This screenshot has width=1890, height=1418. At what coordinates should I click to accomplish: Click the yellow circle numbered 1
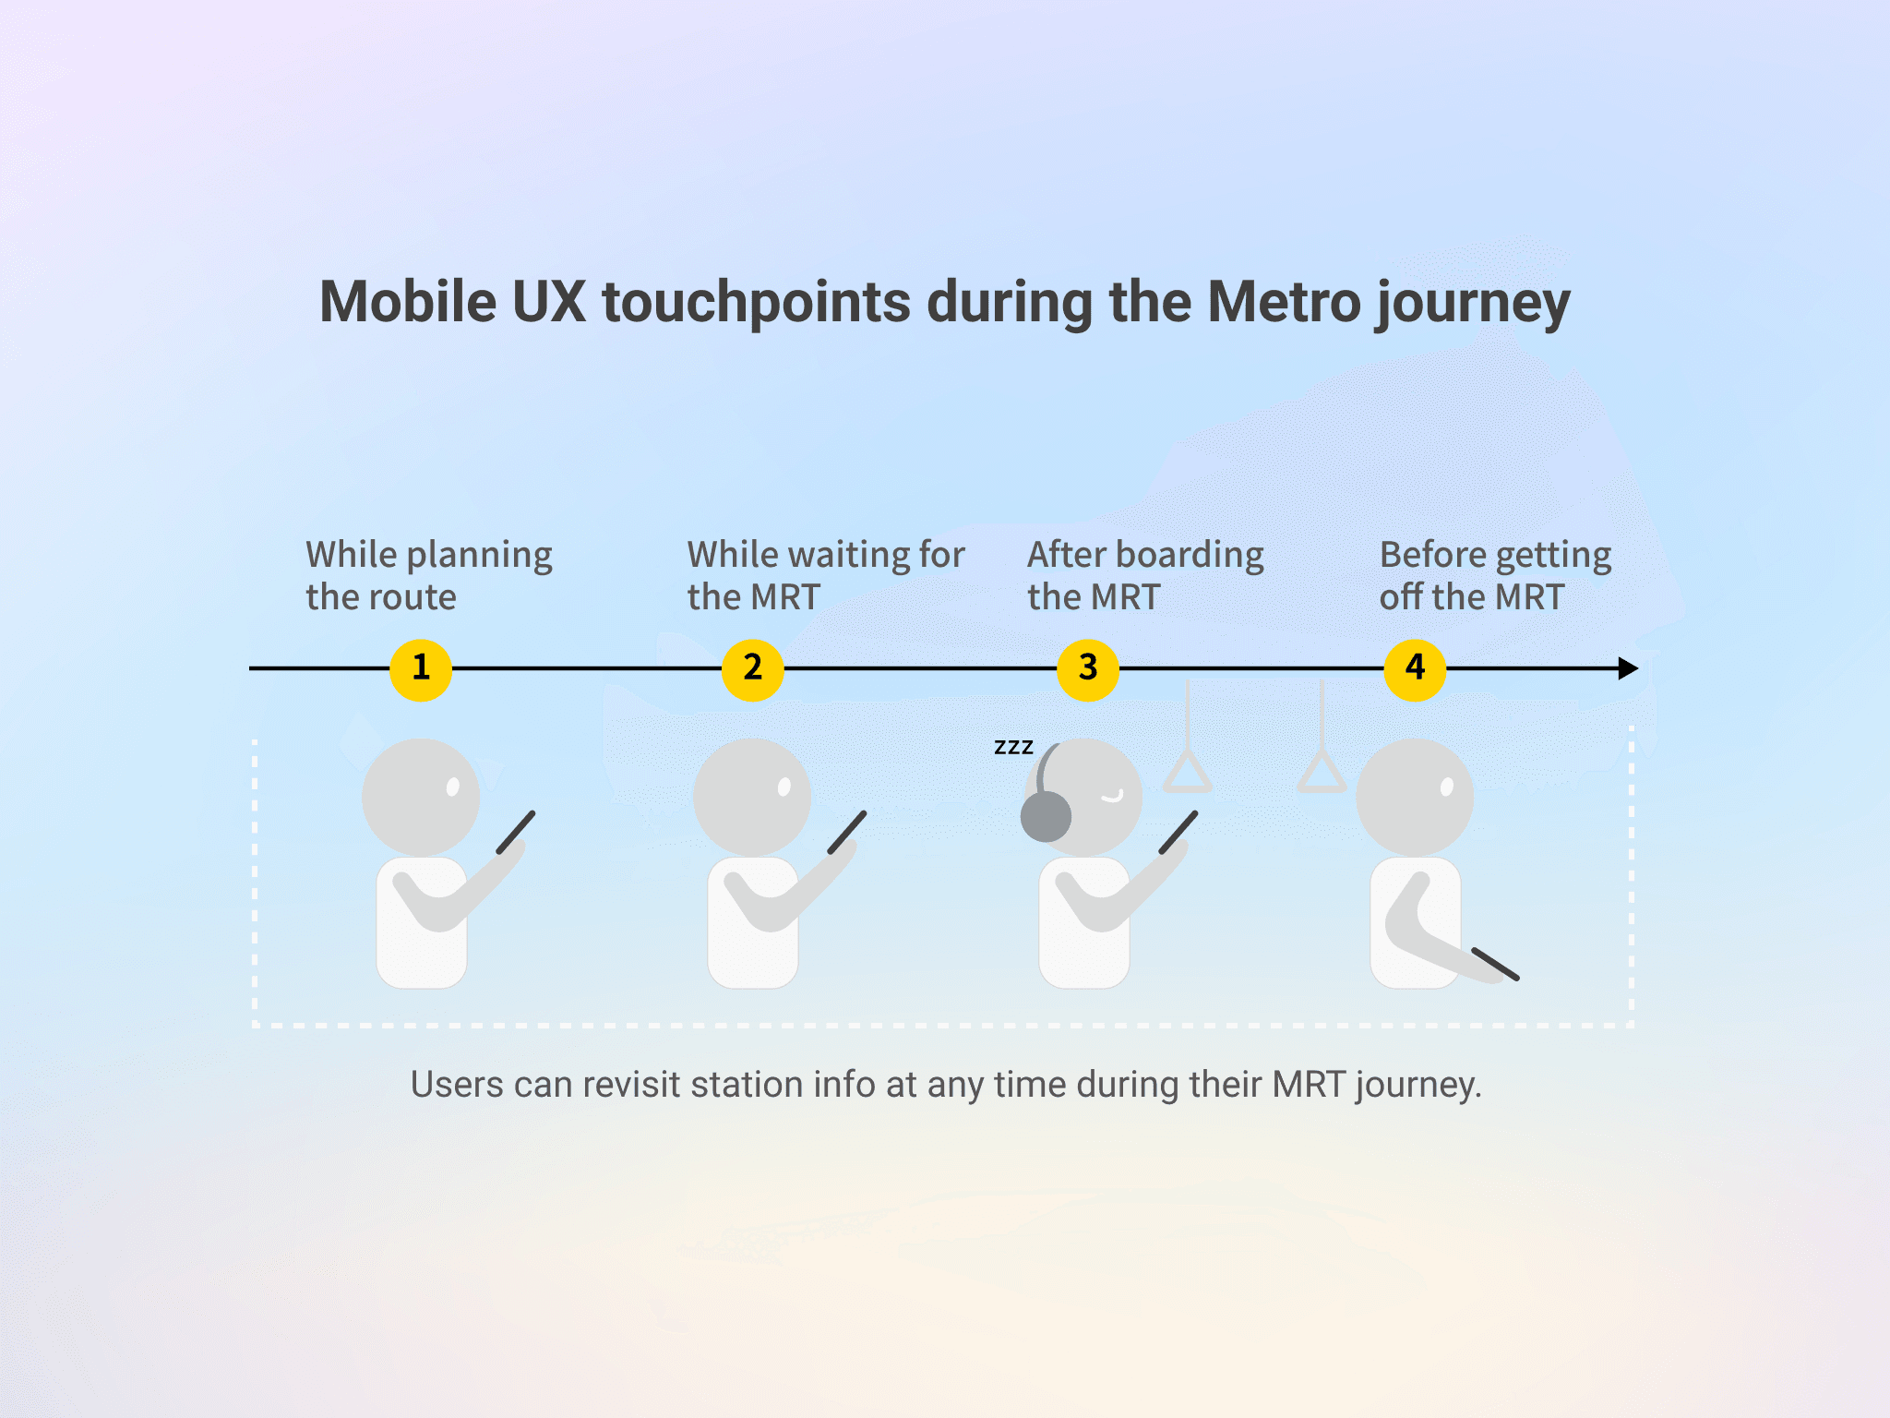(421, 669)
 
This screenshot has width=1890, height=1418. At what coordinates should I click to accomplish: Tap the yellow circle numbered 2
(752, 669)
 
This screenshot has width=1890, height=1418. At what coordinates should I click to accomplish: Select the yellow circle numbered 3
(1088, 669)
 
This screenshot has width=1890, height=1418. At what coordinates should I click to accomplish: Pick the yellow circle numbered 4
(1415, 669)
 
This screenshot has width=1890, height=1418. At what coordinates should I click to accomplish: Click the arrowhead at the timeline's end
(1628, 668)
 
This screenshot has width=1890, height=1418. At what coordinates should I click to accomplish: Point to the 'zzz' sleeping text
(1013, 747)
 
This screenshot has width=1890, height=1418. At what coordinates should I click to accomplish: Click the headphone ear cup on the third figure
(1046, 816)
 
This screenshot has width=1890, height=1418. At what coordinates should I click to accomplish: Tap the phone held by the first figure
(516, 832)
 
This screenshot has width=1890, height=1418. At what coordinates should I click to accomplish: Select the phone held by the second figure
(847, 832)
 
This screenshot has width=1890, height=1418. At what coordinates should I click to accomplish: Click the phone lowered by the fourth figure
(1495, 964)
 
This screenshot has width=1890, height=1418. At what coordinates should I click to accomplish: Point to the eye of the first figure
(453, 787)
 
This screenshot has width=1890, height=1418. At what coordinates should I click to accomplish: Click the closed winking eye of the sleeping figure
(1113, 796)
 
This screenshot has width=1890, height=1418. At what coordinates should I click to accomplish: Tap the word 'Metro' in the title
(1285, 303)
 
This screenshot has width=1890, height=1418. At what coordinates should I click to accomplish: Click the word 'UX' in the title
(549, 303)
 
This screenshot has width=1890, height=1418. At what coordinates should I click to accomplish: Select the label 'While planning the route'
(429, 575)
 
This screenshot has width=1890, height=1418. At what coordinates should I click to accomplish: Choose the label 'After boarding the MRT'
(1145, 575)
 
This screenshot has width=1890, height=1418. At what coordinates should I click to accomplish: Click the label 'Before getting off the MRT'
(1495, 575)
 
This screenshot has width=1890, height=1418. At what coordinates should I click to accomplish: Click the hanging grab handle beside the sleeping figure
(1188, 771)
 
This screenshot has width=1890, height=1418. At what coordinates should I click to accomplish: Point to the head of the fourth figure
(1415, 796)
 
